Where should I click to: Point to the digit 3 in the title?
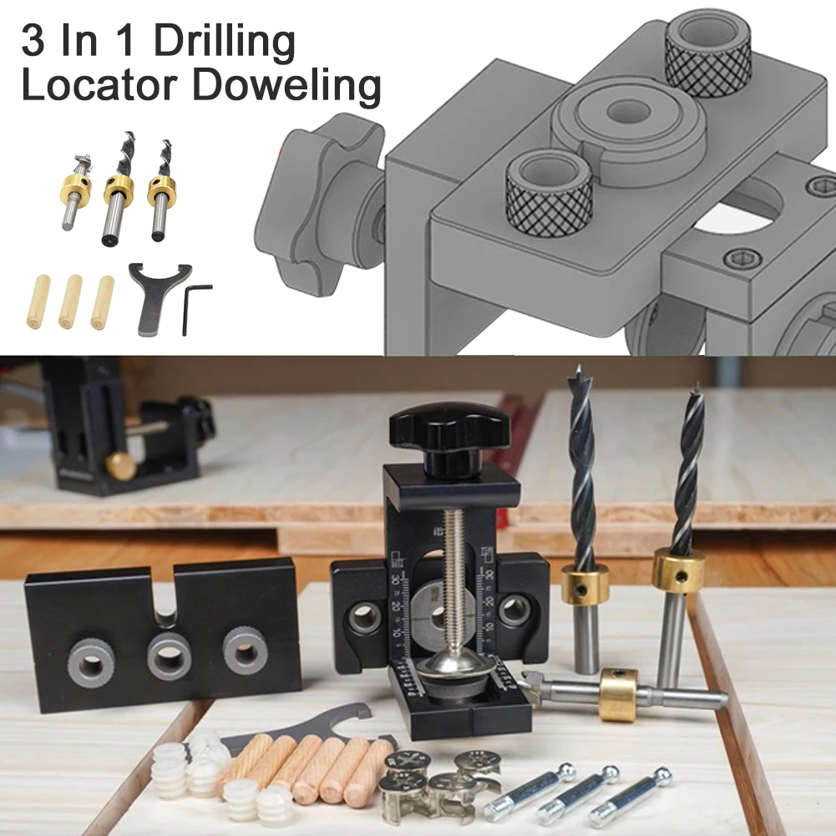[35, 42]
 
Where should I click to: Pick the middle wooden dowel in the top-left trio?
[70, 301]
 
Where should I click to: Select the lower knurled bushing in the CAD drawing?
[550, 188]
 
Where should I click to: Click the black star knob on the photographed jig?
[449, 426]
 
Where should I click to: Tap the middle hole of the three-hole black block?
[169, 656]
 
